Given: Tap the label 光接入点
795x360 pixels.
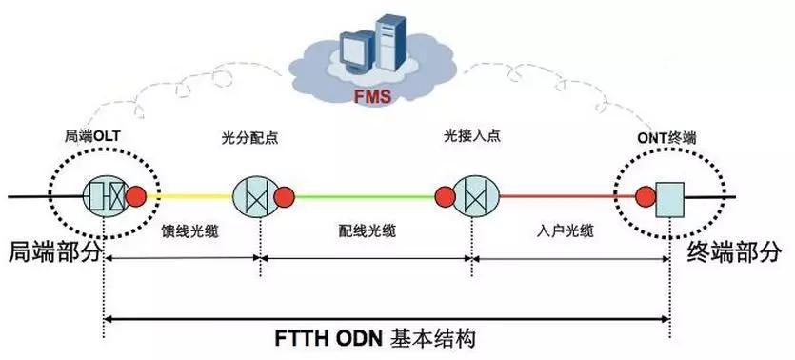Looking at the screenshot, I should click(x=472, y=137).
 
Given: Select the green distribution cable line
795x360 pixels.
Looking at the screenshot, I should click(x=367, y=197).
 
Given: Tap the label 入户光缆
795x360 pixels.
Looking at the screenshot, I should click(x=562, y=230).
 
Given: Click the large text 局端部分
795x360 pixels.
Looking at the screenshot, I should click(x=53, y=251).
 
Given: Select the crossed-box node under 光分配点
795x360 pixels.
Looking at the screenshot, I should click(x=253, y=197).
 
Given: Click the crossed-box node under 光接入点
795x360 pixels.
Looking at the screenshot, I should click(x=473, y=197).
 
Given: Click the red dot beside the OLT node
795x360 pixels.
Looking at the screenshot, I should click(x=137, y=197).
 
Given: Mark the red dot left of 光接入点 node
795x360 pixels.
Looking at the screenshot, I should click(x=444, y=197).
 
